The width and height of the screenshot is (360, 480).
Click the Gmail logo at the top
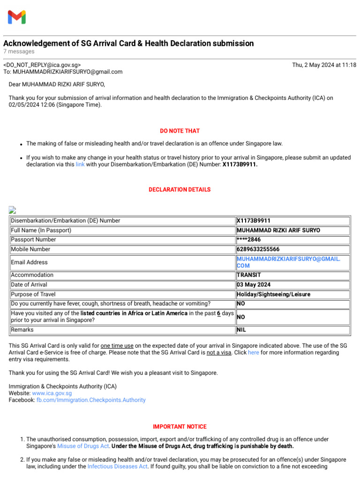click(x=17, y=17)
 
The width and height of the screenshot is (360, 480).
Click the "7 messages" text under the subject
click(x=19, y=52)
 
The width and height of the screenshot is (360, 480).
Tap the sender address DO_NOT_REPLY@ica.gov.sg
click(x=42, y=65)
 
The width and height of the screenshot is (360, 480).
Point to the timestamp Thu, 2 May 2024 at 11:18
click(x=324, y=65)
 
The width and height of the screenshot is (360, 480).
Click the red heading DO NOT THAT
click(x=180, y=131)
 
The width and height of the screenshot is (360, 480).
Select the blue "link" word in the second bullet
click(x=80, y=165)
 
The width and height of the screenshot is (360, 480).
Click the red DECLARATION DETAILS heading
click(x=180, y=190)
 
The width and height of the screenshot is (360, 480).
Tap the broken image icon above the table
click(x=13, y=210)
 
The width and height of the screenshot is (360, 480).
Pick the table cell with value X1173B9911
click(x=254, y=221)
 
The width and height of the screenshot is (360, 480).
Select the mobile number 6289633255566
click(x=258, y=249)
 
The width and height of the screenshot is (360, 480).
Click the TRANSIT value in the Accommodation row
click(x=249, y=275)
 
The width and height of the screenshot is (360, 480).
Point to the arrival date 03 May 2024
click(x=254, y=285)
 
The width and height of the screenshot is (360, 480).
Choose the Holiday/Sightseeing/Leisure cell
click(x=273, y=294)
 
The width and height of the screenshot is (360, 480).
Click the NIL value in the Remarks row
click(x=241, y=330)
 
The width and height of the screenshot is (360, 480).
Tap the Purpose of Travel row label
click(x=33, y=294)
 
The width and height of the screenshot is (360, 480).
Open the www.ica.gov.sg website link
click(x=52, y=393)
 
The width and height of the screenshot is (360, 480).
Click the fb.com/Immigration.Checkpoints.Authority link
click(x=91, y=400)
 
